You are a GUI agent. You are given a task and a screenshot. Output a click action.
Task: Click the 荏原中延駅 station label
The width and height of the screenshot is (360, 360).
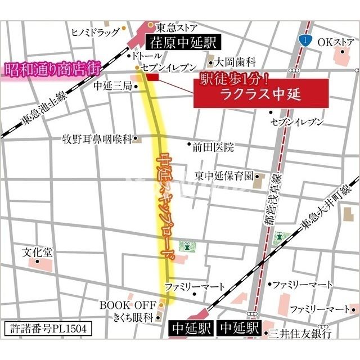tap(181, 42)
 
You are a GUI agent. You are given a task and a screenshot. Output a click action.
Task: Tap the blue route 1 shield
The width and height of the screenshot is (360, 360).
tap(304, 40)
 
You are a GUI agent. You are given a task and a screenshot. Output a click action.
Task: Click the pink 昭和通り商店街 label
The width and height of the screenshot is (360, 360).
tap(52, 69)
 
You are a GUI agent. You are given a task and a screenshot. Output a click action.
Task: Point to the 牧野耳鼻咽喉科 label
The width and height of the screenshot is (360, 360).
tap(99, 138)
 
